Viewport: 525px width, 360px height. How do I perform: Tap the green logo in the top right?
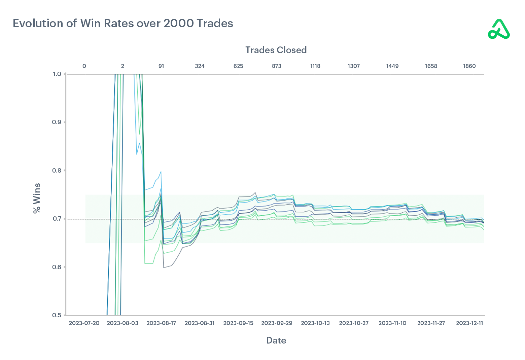[x=499, y=29]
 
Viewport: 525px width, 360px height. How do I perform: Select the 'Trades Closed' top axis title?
[x=276, y=50]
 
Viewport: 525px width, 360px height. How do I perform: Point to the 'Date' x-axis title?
[x=276, y=340]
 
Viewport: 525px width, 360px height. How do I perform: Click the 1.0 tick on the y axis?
[x=57, y=74]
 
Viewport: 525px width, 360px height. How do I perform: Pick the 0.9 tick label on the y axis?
[x=57, y=122]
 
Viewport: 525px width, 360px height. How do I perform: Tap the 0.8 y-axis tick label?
[x=57, y=171]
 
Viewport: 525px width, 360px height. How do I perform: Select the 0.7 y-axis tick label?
[x=57, y=219]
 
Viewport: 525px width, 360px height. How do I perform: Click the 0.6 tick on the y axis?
[x=57, y=267]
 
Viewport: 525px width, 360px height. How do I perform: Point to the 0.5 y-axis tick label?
[x=57, y=315]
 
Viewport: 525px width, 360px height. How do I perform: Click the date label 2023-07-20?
[x=84, y=323]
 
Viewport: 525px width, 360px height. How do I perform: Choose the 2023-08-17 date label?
[x=161, y=323]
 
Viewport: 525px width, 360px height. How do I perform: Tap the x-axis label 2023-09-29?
[x=277, y=323]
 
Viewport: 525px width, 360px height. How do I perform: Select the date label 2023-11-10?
[x=392, y=323]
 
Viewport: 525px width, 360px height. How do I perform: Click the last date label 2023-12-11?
[x=469, y=323]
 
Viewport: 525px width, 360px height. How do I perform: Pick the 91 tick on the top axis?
[x=161, y=66]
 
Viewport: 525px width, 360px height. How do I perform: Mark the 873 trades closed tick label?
[x=277, y=66]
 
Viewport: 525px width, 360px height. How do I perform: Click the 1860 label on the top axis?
[x=469, y=66]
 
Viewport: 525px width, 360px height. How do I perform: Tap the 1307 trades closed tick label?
[x=354, y=66]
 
